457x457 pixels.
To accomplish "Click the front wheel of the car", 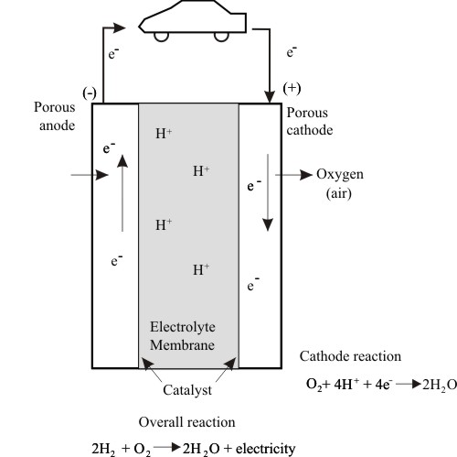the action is pyautogui.click(x=161, y=37).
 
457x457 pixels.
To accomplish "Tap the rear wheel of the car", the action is pyautogui.click(x=221, y=37).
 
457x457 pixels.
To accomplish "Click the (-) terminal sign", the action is pyautogui.click(x=90, y=93).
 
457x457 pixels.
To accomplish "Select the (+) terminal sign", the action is pyautogui.click(x=292, y=88).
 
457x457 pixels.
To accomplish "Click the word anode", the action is pyautogui.click(x=57, y=125).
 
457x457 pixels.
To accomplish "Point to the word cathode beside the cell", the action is pyautogui.click(x=310, y=130).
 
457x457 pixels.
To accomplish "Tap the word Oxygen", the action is pyautogui.click(x=340, y=175).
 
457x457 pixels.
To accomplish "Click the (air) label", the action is pyautogui.click(x=339, y=193).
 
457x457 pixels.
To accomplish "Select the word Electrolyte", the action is pyautogui.click(x=183, y=327).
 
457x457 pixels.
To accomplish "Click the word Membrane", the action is pyautogui.click(x=182, y=345).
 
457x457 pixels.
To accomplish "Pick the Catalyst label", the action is pyautogui.click(x=187, y=390).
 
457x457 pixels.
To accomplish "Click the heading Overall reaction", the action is pyautogui.click(x=186, y=422).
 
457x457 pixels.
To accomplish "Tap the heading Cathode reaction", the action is pyautogui.click(x=350, y=356).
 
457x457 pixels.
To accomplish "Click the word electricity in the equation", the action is pyautogui.click(x=265, y=449).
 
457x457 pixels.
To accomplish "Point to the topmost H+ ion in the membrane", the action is pyautogui.click(x=164, y=134).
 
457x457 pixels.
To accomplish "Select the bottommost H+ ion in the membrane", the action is pyautogui.click(x=201, y=269).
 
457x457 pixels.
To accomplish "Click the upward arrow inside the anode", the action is pyautogui.click(x=122, y=193).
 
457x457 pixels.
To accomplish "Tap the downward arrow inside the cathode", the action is pyautogui.click(x=268, y=192).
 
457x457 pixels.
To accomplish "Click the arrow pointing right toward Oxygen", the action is pyautogui.click(x=293, y=175).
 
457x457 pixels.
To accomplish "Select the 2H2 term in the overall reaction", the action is pyautogui.click(x=103, y=449).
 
